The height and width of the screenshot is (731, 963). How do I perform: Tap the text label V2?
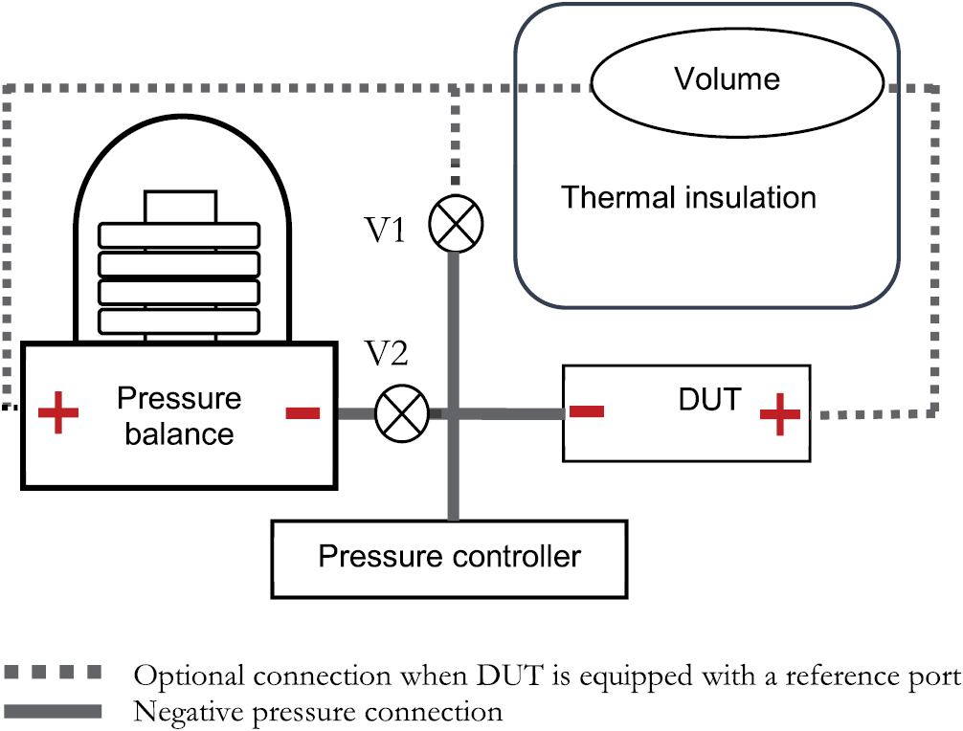388,355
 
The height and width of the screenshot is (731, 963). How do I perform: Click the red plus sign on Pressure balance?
57,413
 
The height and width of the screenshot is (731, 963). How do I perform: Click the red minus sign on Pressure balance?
302,413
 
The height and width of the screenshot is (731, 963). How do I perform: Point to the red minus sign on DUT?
586,411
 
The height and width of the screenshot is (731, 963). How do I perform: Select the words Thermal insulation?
688,198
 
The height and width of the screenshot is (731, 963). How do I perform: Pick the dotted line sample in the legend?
53,675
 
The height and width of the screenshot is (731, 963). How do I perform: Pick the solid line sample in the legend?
53,711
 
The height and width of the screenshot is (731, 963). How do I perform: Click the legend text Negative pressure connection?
318,711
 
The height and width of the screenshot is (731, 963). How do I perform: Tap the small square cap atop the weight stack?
180,206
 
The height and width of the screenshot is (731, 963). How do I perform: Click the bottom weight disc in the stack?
180,321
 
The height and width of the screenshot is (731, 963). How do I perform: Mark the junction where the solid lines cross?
454,414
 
